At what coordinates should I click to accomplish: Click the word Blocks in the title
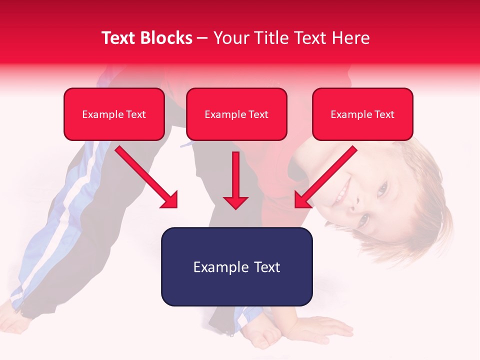(167, 38)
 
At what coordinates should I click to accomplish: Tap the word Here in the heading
(350, 38)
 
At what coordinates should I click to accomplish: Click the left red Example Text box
(114, 114)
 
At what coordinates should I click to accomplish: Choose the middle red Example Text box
(236, 114)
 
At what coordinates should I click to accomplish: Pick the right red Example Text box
(362, 114)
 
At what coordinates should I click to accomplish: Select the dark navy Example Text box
(236, 266)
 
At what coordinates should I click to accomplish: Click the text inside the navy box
(236, 267)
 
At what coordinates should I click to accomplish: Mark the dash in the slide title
(203, 38)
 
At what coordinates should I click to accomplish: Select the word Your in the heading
(229, 38)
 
